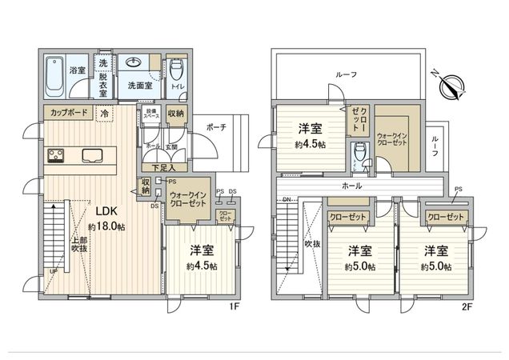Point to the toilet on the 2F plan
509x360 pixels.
[x=357, y=151]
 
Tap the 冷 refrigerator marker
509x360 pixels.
[x=104, y=114]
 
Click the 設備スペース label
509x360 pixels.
[x=150, y=114]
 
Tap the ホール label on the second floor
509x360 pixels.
[x=373, y=186]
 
